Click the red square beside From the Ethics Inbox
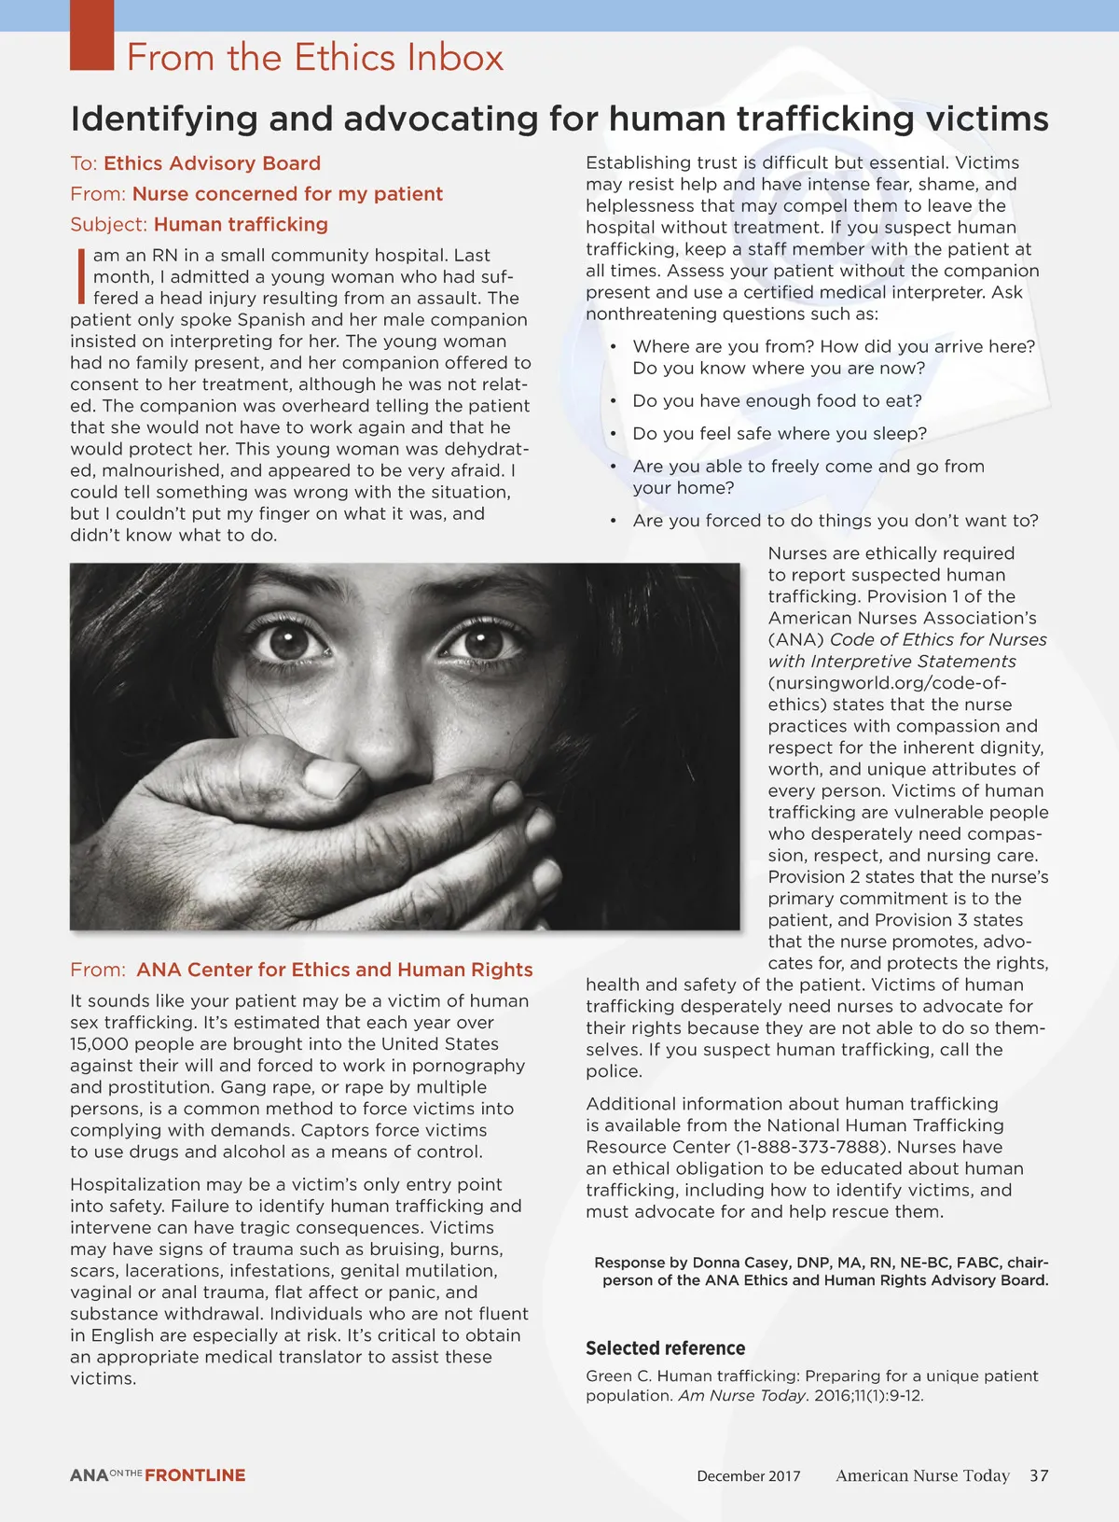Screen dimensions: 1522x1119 [x=91, y=35]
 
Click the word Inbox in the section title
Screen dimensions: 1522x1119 [x=455, y=58]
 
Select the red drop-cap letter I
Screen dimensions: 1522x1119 [x=81, y=275]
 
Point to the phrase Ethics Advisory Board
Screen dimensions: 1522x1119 [x=212, y=163]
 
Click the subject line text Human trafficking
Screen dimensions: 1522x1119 [x=241, y=224]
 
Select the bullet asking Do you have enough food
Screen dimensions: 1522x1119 [x=777, y=400]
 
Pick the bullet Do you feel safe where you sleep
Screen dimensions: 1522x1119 [x=780, y=433]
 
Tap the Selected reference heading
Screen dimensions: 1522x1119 [x=665, y=1347]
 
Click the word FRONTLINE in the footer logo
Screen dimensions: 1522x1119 [x=195, y=1475]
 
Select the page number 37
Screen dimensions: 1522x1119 [x=1039, y=1475]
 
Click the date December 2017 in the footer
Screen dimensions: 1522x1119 [x=748, y=1476]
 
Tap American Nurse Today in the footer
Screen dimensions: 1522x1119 [x=922, y=1475]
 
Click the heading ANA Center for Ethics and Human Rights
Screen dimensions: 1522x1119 [x=334, y=970]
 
